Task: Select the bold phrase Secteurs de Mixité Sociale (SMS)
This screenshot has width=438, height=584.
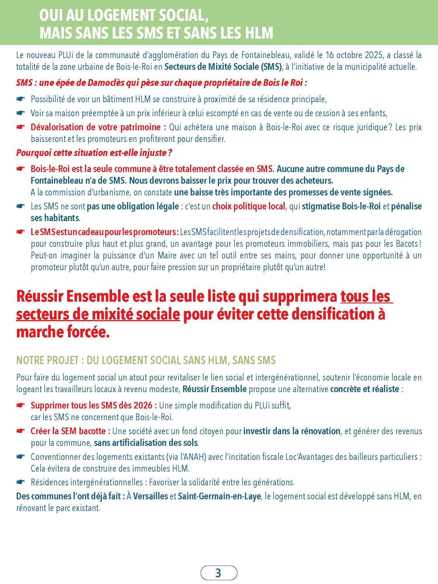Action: tap(223, 67)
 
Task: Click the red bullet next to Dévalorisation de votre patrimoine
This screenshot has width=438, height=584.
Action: tap(21, 127)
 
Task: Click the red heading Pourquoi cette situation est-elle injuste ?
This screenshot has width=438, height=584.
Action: tap(94, 153)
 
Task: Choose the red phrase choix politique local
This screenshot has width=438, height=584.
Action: tap(248, 206)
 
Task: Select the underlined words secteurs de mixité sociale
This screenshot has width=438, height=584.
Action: tap(98, 314)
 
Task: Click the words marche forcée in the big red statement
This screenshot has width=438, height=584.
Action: tap(62, 332)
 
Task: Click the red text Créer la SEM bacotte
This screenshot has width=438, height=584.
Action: tap(70, 431)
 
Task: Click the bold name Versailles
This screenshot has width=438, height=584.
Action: tap(151, 496)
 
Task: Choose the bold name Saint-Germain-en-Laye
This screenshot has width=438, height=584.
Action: tap(219, 496)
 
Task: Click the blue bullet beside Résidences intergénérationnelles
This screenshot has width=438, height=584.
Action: tap(21, 482)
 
